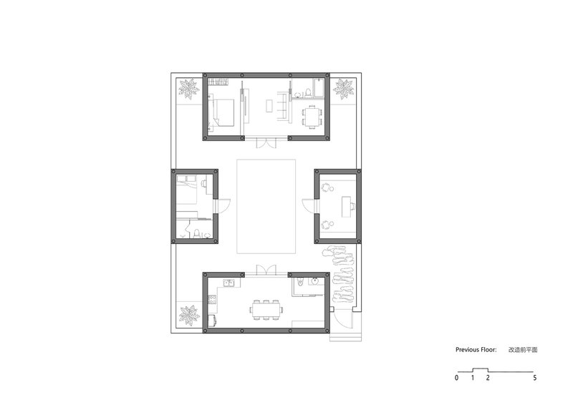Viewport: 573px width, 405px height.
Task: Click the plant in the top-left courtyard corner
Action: click(x=189, y=89)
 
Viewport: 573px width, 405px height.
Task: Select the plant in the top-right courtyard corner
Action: click(x=343, y=89)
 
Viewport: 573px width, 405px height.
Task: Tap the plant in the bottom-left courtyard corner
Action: click(x=189, y=315)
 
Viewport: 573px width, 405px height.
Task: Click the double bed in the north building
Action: click(x=222, y=113)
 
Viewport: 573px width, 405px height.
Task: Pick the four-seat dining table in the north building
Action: click(x=312, y=117)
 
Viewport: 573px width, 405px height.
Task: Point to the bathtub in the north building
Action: click(x=319, y=88)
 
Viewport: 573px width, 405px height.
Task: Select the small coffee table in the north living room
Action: click(x=269, y=106)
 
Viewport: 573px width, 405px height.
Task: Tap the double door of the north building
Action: click(x=265, y=143)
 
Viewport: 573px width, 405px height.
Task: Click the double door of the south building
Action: click(x=265, y=270)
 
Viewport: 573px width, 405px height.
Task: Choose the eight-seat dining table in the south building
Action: click(x=266, y=311)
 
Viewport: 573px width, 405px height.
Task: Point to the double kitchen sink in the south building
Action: click(x=229, y=283)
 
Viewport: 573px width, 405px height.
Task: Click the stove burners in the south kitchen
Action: click(x=212, y=300)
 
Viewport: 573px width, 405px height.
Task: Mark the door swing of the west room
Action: click(x=223, y=205)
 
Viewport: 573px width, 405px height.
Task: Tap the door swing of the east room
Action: click(x=309, y=205)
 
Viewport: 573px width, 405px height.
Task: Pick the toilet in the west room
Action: click(x=197, y=233)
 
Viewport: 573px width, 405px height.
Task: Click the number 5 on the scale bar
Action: click(x=534, y=378)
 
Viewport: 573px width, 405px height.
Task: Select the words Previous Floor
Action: click(x=476, y=350)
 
